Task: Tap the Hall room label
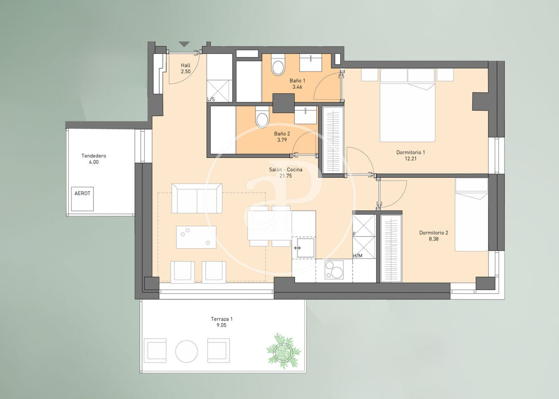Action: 186,65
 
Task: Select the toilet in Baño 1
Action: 278,65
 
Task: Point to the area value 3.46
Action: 297,87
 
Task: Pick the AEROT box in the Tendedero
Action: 82,199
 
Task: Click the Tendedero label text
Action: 94,156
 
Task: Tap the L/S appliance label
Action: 211,99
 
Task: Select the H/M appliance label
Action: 357,256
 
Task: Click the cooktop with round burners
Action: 334,270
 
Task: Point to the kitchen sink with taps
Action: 303,248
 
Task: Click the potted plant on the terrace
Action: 283,351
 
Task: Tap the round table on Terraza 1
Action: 186,351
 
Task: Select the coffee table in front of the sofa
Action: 196,237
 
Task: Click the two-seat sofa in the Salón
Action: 197,199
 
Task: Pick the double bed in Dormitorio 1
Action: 408,105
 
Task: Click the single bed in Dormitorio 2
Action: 472,214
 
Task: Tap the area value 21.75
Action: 285,176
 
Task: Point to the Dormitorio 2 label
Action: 434,233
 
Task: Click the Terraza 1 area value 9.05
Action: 221,325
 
